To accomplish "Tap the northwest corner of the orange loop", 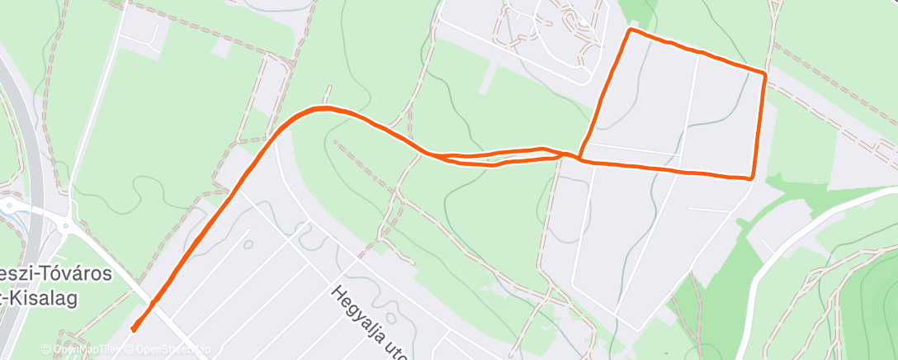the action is tap(631, 31).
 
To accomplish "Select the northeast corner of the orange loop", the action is tap(765, 74).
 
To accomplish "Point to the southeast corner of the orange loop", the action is tap(751, 177).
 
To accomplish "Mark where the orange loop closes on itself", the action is tap(580, 158).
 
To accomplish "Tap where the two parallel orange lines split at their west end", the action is tap(429, 154).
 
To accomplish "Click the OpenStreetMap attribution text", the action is tap(162, 349).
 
